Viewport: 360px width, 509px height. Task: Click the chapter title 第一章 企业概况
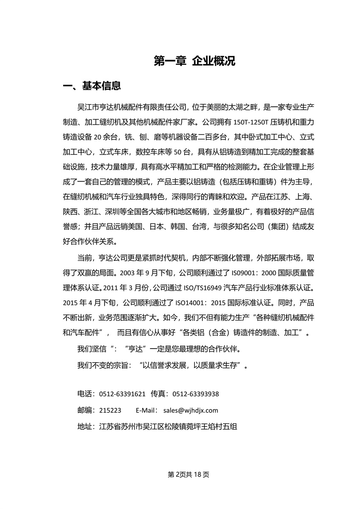[x=194, y=61]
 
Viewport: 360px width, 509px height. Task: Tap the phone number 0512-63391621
[x=122, y=394]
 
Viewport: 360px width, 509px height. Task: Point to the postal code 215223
[x=110, y=410]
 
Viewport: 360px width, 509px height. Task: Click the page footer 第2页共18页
[x=188, y=474]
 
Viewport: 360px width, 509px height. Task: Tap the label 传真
[x=159, y=394]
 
